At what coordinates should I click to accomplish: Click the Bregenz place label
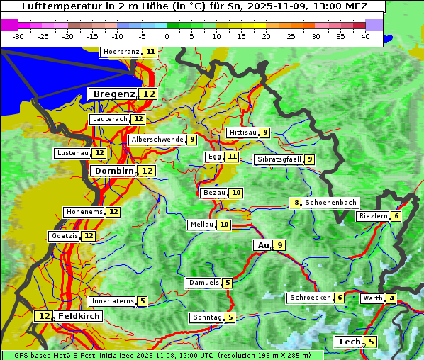(113, 94)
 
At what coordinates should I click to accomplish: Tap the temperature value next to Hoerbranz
(150, 52)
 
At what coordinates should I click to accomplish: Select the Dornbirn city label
(113, 171)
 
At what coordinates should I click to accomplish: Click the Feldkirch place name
(79, 316)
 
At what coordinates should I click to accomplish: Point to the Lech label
(350, 342)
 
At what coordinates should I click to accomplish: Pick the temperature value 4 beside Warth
(392, 298)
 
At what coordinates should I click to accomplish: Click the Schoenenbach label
(330, 203)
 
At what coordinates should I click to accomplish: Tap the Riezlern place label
(373, 216)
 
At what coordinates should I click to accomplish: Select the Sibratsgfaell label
(279, 159)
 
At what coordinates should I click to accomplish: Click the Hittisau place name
(242, 133)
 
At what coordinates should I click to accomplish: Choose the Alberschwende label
(157, 140)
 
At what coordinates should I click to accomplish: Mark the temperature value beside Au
(280, 245)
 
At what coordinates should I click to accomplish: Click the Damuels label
(203, 283)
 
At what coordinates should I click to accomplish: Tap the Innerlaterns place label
(113, 301)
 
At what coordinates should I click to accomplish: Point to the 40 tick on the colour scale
(364, 36)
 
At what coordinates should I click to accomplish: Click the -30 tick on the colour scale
(18, 36)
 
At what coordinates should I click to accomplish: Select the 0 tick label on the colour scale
(167, 36)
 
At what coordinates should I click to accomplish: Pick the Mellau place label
(201, 225)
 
